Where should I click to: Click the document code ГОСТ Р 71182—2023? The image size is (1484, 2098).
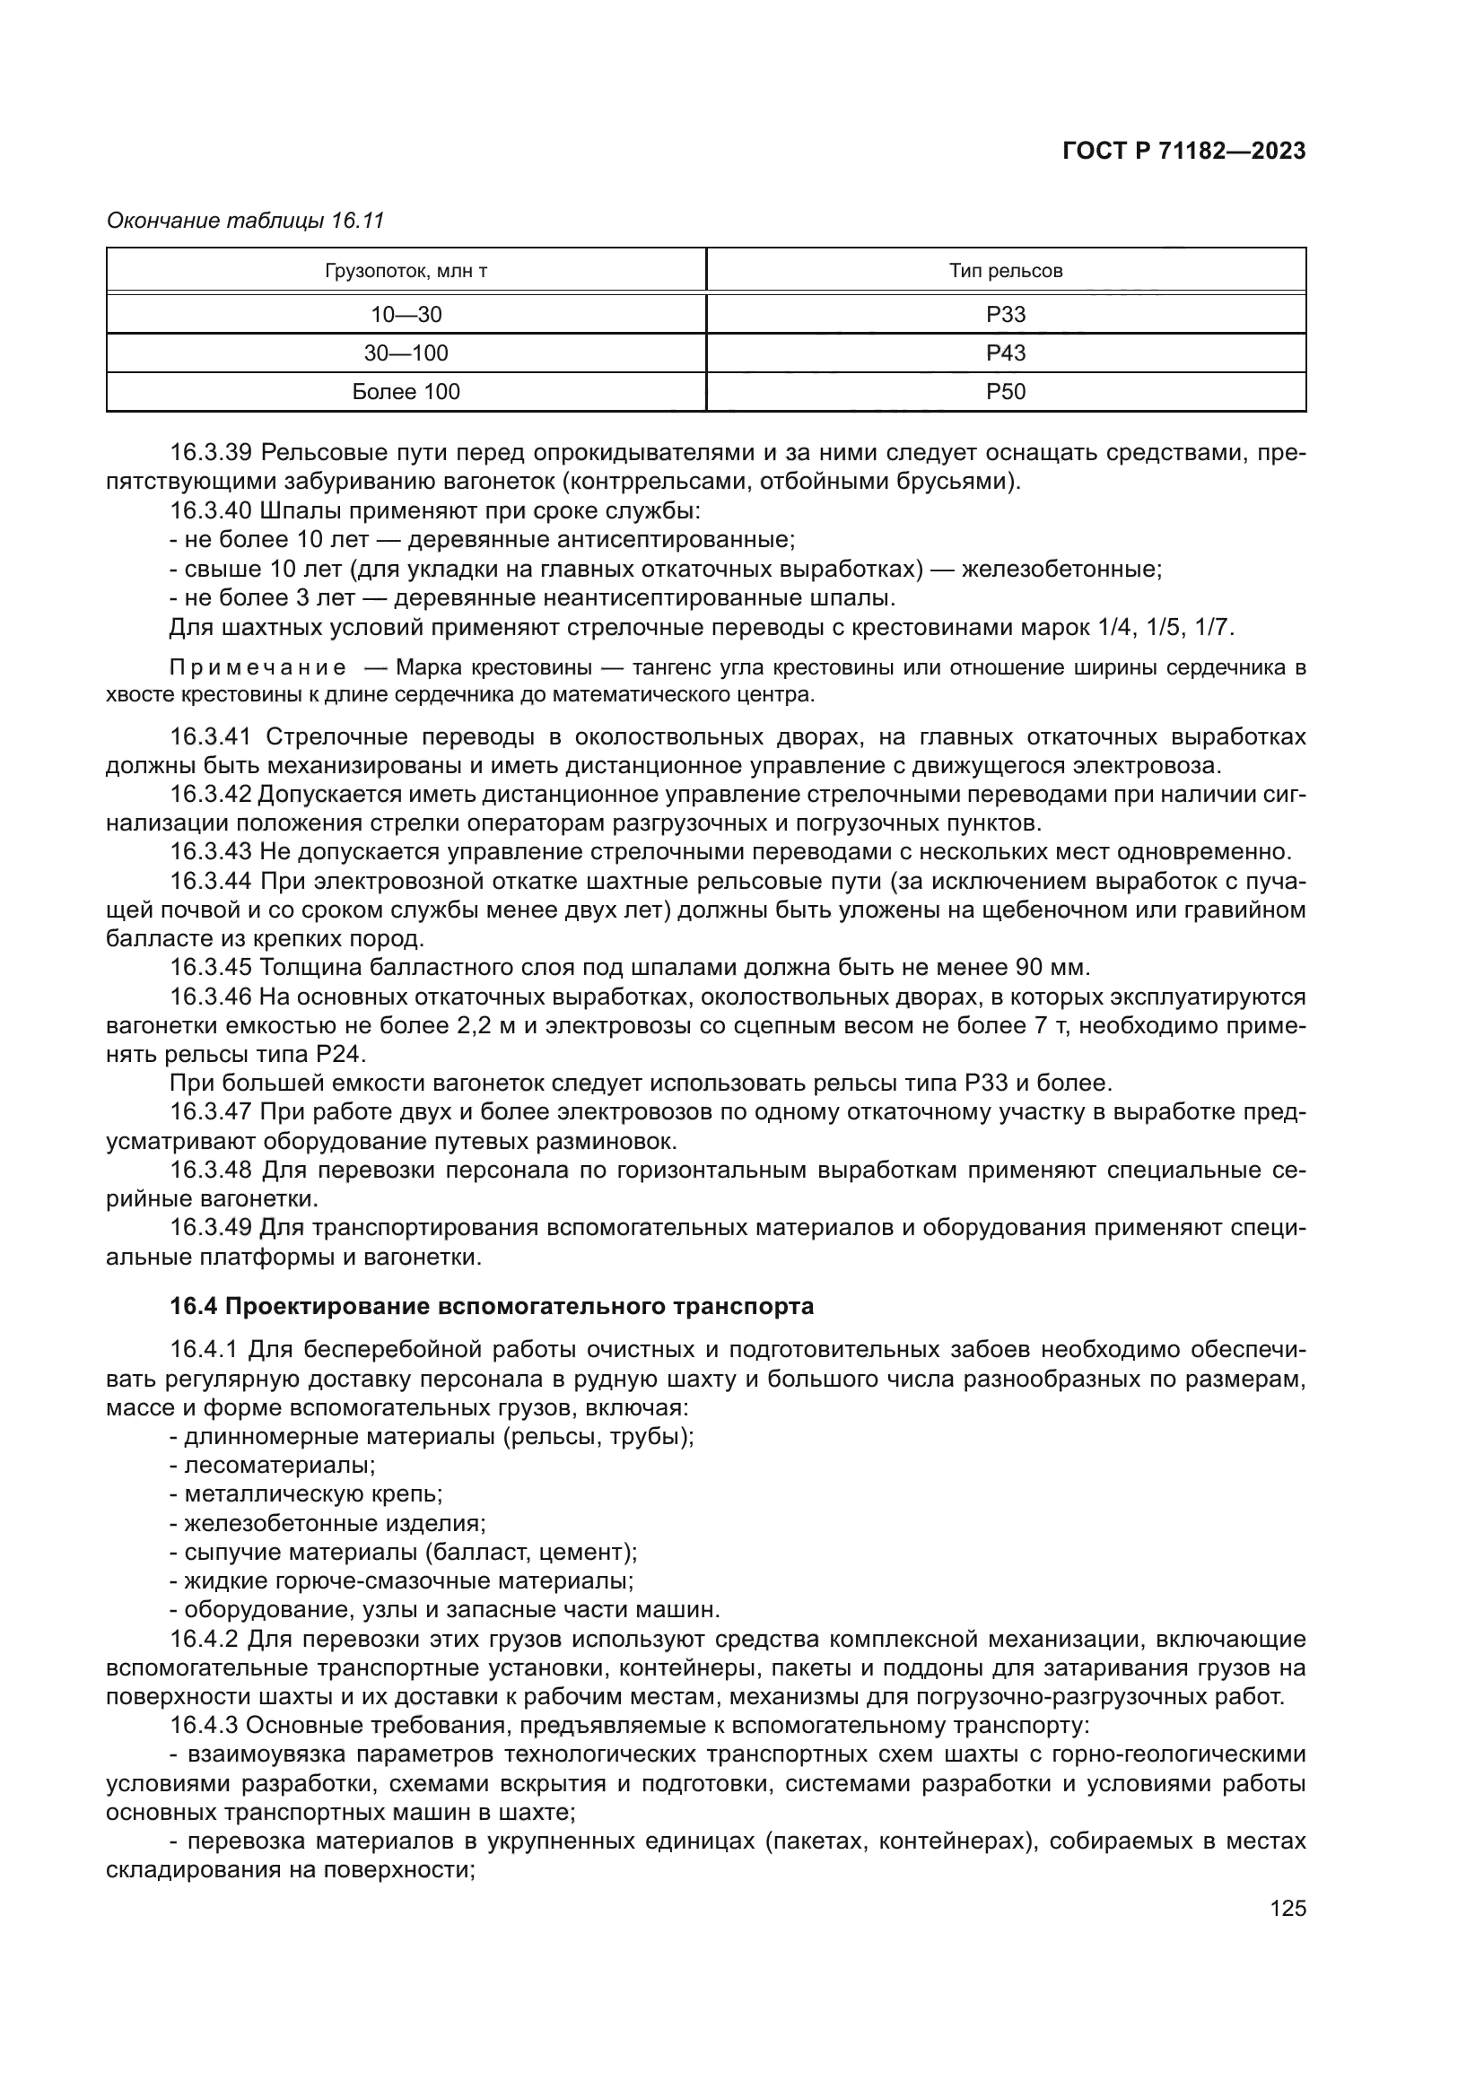tap(1183, 152)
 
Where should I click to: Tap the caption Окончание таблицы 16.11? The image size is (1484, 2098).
tap(245, 221)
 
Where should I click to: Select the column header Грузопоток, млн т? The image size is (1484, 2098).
tap(406, 271)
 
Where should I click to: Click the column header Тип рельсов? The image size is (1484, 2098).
tap(1005, 271)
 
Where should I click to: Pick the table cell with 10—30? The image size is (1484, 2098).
tap(406, 314)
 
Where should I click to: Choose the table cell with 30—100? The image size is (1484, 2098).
tap(406, 353)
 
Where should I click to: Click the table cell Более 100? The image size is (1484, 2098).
tap(406, 392)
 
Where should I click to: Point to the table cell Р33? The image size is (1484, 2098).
tap(1005, 314)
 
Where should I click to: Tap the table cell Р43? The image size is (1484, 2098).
tap(1005, 353)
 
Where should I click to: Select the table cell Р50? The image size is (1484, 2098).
tap(1005, 392)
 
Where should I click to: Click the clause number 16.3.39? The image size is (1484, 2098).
tap(211, 452)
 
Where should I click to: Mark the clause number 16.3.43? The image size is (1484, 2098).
tap(211, 851)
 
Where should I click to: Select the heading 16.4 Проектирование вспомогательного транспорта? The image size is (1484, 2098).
tap(491, 1306)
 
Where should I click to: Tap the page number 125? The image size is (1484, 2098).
tap(1288, 1908)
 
